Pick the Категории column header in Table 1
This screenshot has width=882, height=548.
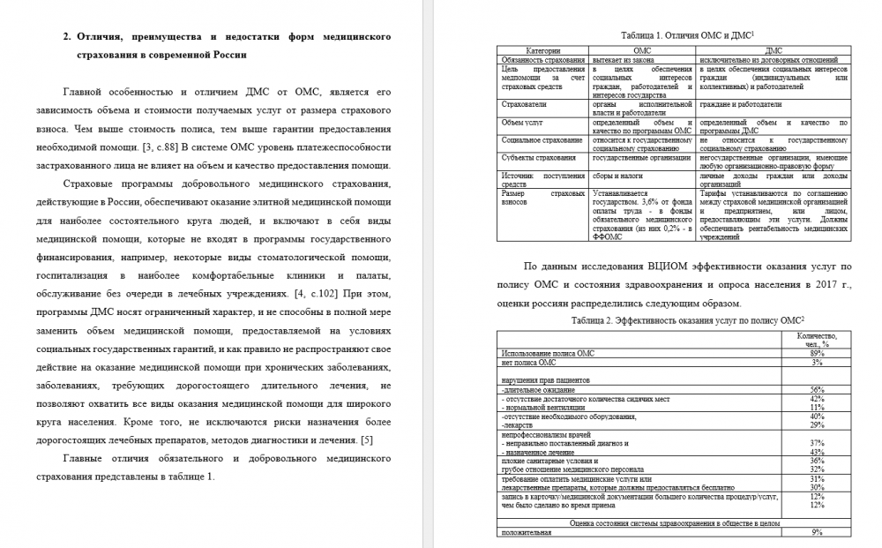click(x=544, y=50)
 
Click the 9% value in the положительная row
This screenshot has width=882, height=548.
click(x=817, y=532)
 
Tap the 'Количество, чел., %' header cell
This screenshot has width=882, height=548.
click(x=817, y=340)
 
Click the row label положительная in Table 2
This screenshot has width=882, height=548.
click(x=525, y=532)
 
